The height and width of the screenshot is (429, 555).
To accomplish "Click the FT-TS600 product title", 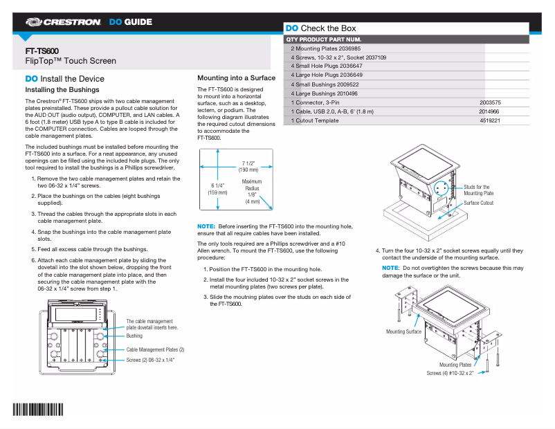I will click(x=42, y=51).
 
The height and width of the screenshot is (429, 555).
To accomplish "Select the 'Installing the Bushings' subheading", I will click(x=62, y=90).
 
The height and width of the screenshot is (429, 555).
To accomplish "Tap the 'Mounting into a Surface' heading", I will click(x=236, y=78).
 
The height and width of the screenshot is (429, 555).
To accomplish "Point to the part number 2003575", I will click(x=490, y=102).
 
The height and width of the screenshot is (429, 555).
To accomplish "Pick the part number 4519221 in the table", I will click(x=490, y=120).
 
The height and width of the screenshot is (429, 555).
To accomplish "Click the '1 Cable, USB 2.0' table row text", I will click(x=332, y=111).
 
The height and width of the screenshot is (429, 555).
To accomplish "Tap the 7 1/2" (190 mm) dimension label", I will click(x=248, y=166).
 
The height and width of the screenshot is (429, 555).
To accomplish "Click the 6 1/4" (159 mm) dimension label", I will click(x=218, y=189).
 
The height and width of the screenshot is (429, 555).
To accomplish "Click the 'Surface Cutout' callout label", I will click(x=479, y=203).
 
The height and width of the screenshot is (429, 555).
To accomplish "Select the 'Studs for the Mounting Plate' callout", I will click(x=477, y=190).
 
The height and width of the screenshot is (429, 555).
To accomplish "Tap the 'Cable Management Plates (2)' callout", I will click(x=155, y=349).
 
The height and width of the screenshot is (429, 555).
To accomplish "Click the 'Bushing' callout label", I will click(x=134, y=336).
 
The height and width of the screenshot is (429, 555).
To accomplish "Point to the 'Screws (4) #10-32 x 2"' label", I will click(x=450, y=373).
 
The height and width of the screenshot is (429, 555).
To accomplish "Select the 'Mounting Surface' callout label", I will click(x=403, y=332).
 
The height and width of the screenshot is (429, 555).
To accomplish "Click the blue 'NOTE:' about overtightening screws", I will click(x=391, y=268).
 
